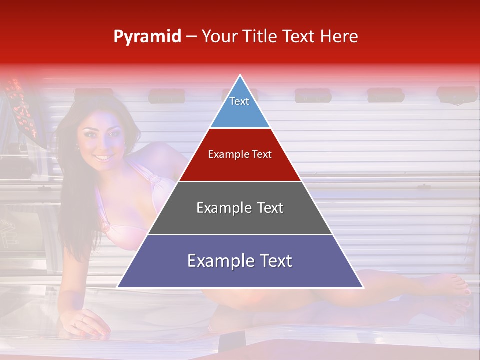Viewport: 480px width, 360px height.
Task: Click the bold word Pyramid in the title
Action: [x=147, y=37]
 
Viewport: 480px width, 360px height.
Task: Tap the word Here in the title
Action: [x=339, y=37]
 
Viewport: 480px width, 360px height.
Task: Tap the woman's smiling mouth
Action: [x=103, y=157]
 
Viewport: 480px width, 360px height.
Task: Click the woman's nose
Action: [x=102, y=145]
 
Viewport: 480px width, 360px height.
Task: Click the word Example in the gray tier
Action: [x=217, y=208]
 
